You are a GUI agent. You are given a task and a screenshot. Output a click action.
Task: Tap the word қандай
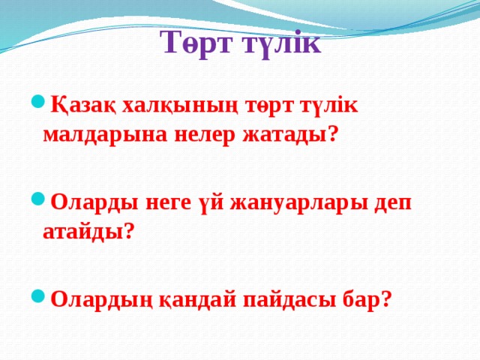(193, 299)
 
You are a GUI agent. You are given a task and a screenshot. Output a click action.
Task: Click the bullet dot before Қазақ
(37, 103)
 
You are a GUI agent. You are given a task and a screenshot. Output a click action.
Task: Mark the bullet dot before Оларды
(37, 200)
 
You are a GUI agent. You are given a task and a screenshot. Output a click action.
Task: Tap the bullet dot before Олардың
(37, 296)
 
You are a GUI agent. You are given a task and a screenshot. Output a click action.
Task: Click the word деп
(391, 203)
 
